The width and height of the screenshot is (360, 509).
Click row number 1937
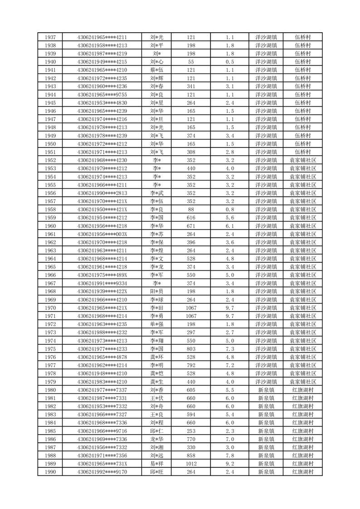(x=51, y=37)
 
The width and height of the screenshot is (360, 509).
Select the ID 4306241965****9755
(x=102, y=95)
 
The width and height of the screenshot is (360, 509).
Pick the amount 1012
(x=191, y=464)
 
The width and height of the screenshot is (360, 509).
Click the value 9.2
(x=229, y=464)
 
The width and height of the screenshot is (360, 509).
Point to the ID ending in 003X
(x=102, y=234)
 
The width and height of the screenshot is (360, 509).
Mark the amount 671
(x=191, y=226)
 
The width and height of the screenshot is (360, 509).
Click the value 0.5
(x=229, y=62)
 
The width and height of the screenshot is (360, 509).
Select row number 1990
(x=51, y=472)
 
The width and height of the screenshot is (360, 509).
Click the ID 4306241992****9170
(x=102, y=472)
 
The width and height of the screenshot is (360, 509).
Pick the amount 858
(x=191, y=455)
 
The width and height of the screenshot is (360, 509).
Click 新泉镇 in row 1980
(x=266, y=390)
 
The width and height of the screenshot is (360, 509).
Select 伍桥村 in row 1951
(x=303, y=152)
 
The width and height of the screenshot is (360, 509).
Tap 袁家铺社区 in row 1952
(x=303, y=160)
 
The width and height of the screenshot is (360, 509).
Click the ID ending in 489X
(x=102, y=275)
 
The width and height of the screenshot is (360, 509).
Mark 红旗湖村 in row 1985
(x=303, y=431)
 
